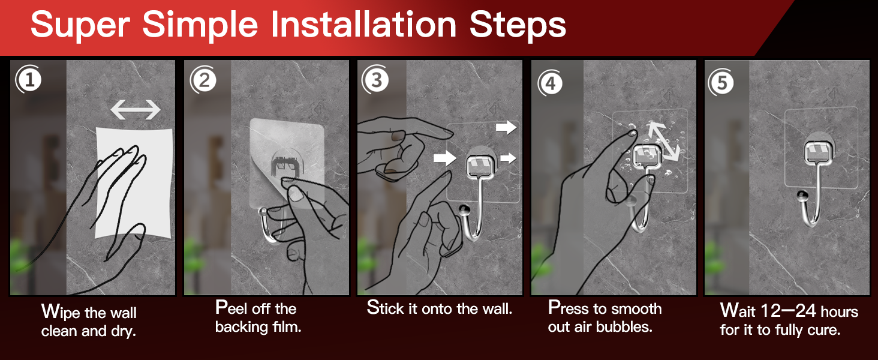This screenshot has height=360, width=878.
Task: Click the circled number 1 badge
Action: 29,79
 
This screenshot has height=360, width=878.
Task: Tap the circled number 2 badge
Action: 204,80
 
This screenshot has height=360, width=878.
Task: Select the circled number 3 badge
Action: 375,80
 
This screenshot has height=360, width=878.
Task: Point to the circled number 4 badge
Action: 551,83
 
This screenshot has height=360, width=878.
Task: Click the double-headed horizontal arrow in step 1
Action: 136,109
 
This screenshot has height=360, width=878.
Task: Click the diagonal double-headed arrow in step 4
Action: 663,141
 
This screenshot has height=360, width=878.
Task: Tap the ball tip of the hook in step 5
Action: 802,195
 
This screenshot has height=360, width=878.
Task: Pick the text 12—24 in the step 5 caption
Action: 788,311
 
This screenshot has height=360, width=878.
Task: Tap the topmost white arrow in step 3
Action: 506,127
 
